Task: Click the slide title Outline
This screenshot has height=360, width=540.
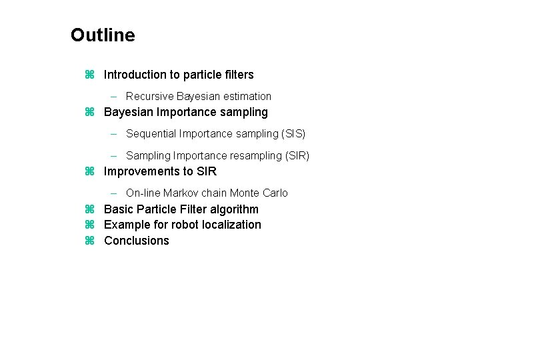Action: pos(103,35)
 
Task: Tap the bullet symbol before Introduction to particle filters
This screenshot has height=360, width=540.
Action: pos(89,75)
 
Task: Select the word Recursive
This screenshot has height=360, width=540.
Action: pos(150,96)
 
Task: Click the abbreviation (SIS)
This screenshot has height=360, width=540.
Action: pos(293,133)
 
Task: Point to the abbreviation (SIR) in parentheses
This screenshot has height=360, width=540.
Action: pos(297,156)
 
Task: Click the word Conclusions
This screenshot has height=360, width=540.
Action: pos(137,241)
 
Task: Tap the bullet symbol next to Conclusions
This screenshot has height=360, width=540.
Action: pos(89,241)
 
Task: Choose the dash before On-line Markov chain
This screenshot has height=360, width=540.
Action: pos(113,193)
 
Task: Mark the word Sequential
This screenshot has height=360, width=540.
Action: pos(151,133)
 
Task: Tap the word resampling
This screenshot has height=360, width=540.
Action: pos(256,156)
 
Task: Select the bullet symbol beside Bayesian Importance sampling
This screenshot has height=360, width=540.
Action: pos(89,112)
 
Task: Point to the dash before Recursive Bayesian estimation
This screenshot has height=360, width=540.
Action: pos(113,97)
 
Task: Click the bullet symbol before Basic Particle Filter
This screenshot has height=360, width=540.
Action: pos(89,209)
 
